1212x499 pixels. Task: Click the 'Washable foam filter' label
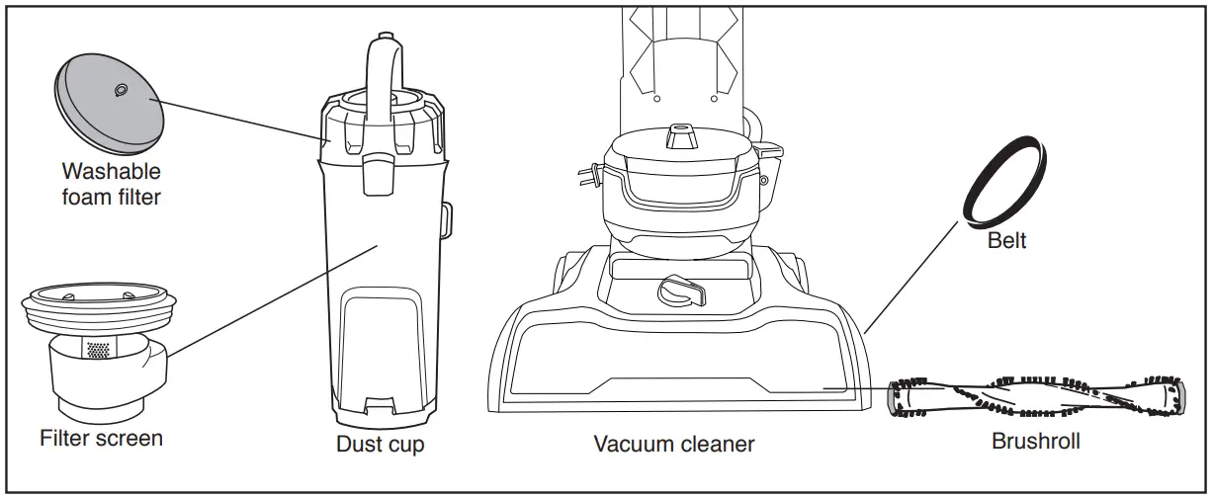coord(111,184)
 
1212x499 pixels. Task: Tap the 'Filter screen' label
coord(101,437)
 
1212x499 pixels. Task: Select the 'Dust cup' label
coord(381,445)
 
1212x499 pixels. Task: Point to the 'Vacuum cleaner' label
coord(673,444)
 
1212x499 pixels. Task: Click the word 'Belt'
coord(1006,240)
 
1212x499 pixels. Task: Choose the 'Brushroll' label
coord(1035,441)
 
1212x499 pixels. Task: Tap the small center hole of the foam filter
coord(120,91)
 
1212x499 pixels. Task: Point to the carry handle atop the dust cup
coord(382,69)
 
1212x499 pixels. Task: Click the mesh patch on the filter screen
coord(98,350)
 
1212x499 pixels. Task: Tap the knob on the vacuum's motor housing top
coord(678,134)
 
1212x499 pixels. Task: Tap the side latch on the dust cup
coord(447,218)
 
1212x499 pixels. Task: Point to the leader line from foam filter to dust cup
coord(241,121)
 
